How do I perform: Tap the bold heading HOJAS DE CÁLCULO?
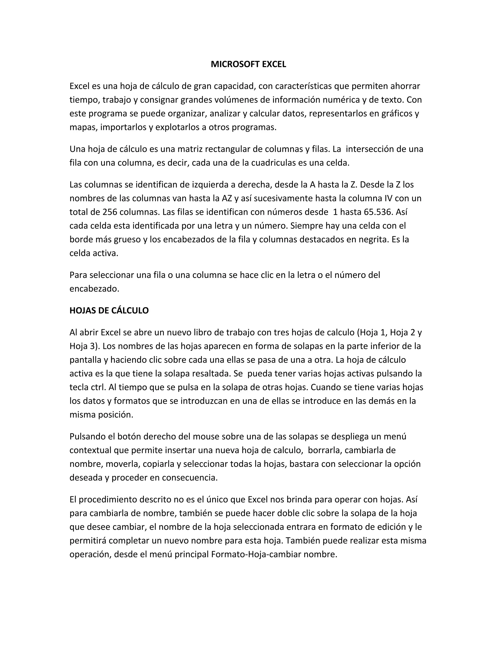[x=109, y=311]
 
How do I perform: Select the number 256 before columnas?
[x=110, y=212]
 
